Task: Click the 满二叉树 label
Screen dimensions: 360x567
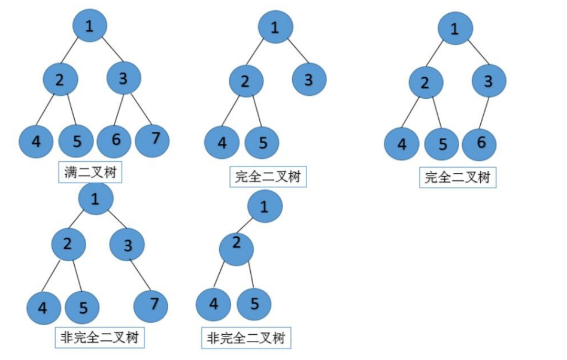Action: [x=90, y=173]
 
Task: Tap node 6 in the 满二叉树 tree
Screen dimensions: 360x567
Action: [x=116, y=141]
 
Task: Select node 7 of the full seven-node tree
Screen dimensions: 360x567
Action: [x=153, y=139]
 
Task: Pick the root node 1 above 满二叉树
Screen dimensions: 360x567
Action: [x=90, y=26]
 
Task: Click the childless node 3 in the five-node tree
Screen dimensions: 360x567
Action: [x=309, y=80]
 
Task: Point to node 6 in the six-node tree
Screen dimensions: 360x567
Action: [x=479, y=144]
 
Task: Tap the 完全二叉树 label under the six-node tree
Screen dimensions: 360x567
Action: [x=457, y=178]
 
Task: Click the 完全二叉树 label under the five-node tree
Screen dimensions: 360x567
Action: [x=268, y=177]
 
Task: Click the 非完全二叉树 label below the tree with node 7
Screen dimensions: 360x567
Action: [x=100, y=338]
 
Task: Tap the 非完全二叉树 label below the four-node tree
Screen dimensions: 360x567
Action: [x=246, y=339]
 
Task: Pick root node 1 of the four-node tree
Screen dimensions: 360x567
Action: [x=265, y=207]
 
